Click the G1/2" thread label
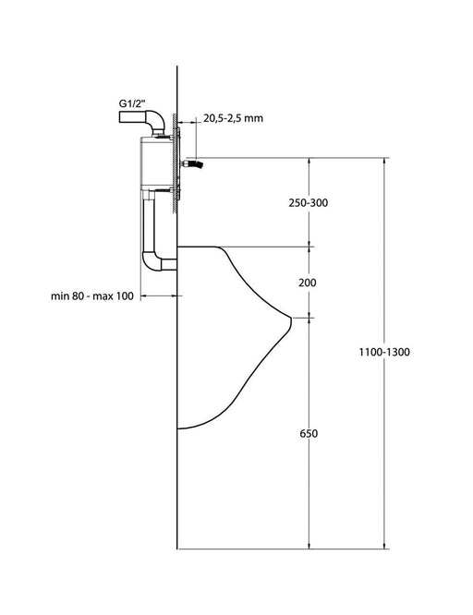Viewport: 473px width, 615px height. (132, 104)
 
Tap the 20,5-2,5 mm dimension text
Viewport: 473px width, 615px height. (233, 118)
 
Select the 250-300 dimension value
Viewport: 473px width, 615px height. (309, 203)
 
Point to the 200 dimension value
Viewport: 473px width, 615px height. (307, 283)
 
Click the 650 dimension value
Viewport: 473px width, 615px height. (309, 433)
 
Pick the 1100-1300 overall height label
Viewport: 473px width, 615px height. (384, 352)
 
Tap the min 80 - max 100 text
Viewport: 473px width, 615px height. (92, 295)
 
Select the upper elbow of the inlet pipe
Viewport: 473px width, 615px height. (156, 120)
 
